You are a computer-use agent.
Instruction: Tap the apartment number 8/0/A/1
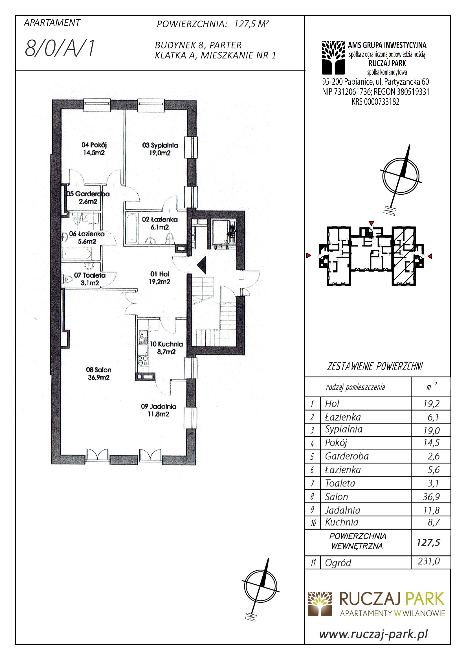pos(60,48)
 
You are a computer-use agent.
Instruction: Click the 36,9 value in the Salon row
pos(431,496)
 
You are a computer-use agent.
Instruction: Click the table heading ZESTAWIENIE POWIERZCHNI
pos(375,367)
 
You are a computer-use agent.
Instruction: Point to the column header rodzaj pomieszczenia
pos(355,387)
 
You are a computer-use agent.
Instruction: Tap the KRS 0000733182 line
pos(375,102)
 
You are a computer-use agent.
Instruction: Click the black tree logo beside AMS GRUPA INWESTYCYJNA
pos(333,58)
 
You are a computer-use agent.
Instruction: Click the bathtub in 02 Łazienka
pos(132,228)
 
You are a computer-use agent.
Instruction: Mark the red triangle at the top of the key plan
pos(371,223)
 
